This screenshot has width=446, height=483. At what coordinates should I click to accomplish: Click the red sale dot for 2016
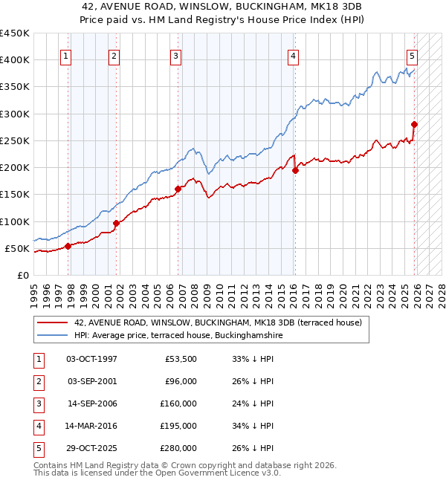click(295, 170)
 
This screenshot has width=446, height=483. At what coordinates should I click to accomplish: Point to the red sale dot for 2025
click(414, 124)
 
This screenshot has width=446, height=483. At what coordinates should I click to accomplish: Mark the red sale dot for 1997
click(68, 246)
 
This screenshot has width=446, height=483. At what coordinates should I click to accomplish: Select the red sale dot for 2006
click(178, 189)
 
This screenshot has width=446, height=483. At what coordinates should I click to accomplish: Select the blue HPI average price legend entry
click(178, 336)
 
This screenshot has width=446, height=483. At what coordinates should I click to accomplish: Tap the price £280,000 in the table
click(178, 448)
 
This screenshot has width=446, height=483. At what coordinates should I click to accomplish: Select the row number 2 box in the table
click(38, 381)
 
